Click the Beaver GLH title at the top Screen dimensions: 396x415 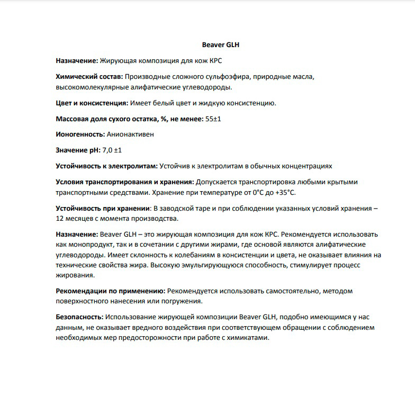[221, 45]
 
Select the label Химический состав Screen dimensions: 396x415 [89, 77]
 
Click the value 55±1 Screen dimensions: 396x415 [213, 119]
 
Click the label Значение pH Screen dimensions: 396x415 [77, 150]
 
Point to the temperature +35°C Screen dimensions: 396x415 [285, 192]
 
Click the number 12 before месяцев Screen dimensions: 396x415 [60, 218]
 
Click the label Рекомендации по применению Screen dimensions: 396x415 [110, 291]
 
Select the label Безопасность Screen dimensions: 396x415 [79, 317]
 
